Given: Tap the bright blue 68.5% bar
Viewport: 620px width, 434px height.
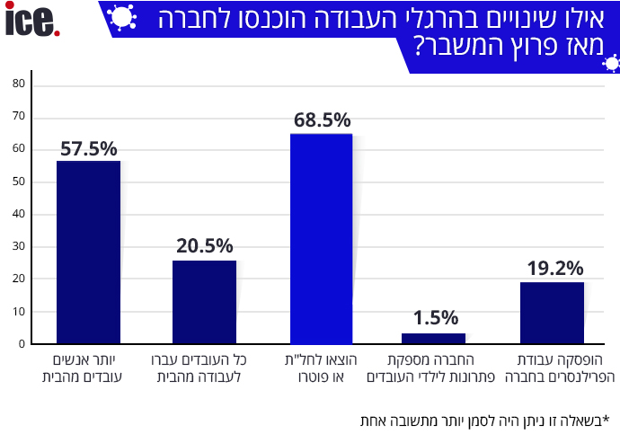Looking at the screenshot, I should tap(321, 238).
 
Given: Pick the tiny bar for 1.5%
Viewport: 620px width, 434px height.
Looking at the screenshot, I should tap(433, 338).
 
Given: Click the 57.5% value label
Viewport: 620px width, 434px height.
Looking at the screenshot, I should tap(89, 149).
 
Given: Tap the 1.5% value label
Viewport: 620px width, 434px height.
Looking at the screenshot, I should tap(436, 317).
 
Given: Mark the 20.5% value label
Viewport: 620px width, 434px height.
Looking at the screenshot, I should tap(205, 245).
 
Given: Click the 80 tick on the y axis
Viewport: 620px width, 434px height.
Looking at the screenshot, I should tap(19, 84).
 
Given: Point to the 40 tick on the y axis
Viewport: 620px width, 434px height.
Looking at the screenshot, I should tap(19, 214).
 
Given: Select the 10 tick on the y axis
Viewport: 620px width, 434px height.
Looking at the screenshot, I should tap(19, 311).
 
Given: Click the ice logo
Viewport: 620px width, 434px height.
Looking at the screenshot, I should tap(32, 22).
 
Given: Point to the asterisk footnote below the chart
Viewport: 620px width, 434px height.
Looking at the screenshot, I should tap(483, 420).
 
